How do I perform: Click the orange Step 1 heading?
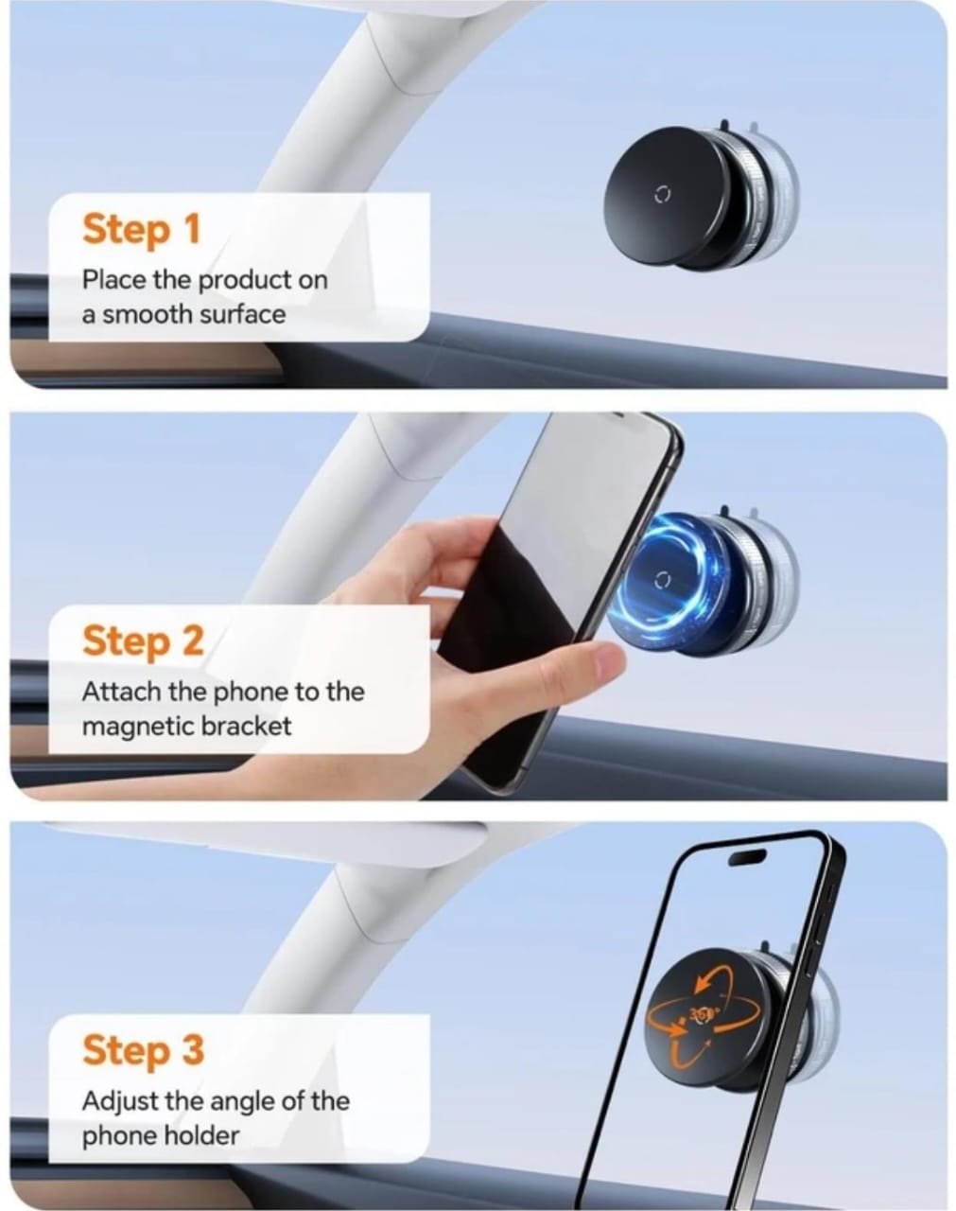[x=142, y=229]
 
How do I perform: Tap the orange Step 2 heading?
[x=143, y=641]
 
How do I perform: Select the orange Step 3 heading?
[x=143, y=1049]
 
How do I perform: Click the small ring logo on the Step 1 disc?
[x=662, y=195]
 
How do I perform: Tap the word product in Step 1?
[x=245, y=280]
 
